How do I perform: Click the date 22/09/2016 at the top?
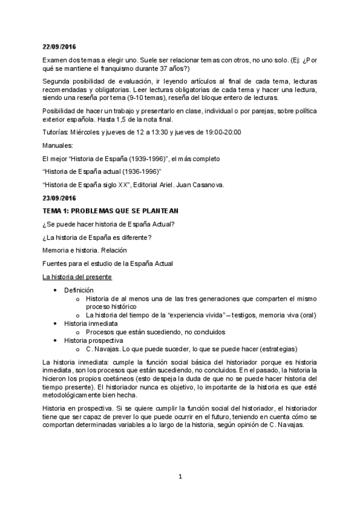(x=59, y=46)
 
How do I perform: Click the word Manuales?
(x=58, y=145)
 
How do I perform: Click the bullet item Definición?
(x=78, y=290)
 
